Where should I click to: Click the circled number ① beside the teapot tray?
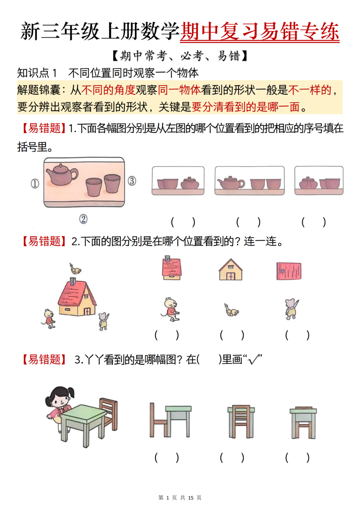[35, 183]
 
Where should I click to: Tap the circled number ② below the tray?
[83, 219]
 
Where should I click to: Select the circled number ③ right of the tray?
[132, 181]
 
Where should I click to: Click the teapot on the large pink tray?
[62, 174]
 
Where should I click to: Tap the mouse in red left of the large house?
[49, 319]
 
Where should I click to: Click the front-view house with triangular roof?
[230, 270]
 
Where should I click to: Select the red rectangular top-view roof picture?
[289, 271]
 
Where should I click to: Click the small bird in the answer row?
[231, 311]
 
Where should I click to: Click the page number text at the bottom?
[180, 498]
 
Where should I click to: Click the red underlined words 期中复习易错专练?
[260, 32]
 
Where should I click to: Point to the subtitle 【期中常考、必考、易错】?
[180, 56]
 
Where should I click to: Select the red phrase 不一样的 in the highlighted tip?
[310, 90]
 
